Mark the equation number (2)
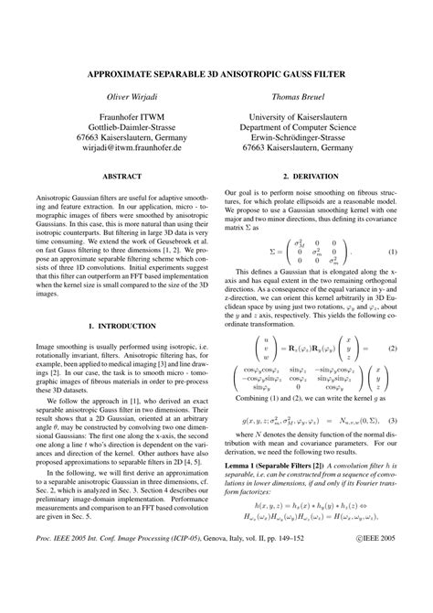(x=393, y=350)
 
